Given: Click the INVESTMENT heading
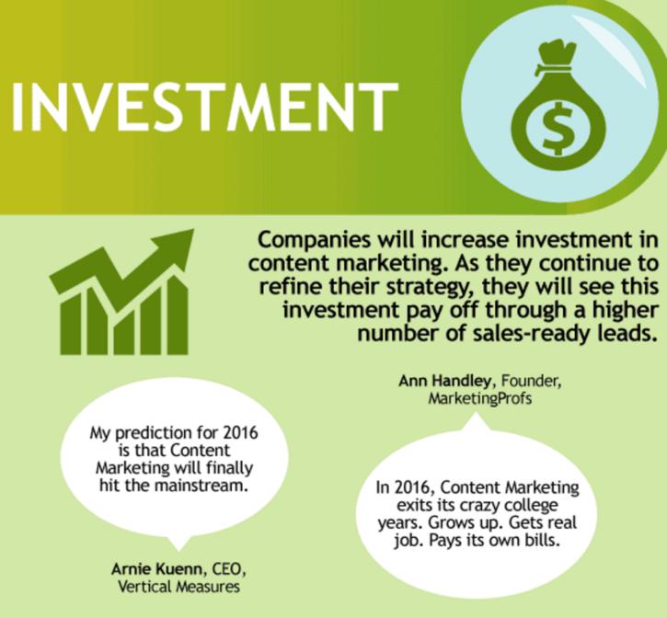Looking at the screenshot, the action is coord(204,107).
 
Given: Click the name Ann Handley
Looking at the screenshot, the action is coord(445,381).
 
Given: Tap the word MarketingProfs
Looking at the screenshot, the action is coord(480,398).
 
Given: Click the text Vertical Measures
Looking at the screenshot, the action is coord(178,587).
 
